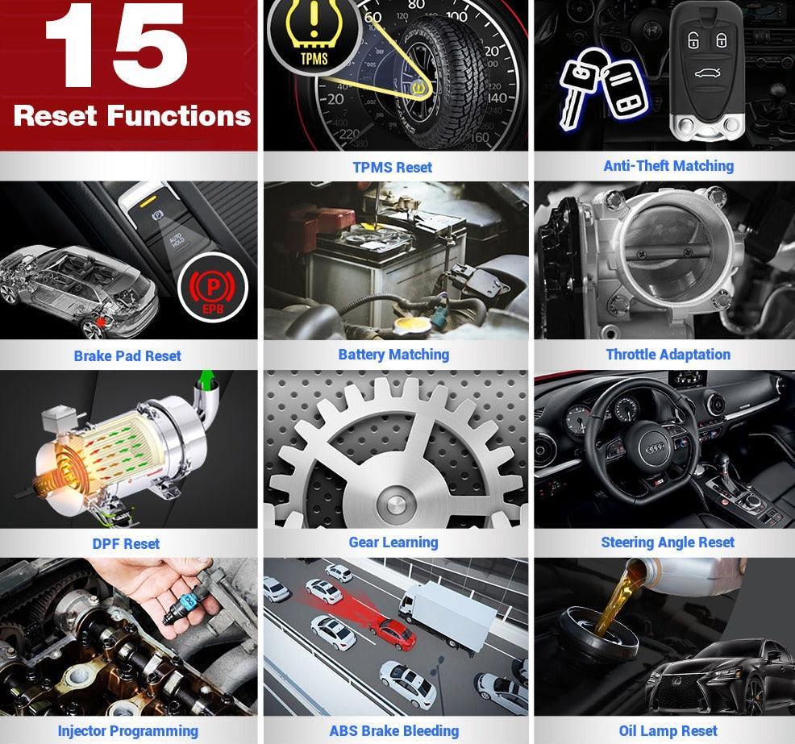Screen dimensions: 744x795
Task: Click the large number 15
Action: point(116,50)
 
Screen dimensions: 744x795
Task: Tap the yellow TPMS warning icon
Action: point(304,35)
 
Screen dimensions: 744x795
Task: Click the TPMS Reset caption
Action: point(393,167)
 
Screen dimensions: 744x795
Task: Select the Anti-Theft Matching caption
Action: point(668,165)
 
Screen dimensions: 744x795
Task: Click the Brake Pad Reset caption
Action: point(127,355)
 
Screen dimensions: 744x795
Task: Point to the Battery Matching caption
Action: point(393,354)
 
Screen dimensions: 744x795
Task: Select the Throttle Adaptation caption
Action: point(668,354)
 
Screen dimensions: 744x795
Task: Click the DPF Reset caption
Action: point(126,543)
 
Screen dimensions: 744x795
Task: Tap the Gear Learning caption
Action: point(393,542)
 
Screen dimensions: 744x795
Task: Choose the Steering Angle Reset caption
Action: point(668,542)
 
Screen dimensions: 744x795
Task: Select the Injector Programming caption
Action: point(127,731)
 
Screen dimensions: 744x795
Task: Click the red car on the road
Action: point(396,633)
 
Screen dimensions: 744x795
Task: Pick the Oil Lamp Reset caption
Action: point(668,731)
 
